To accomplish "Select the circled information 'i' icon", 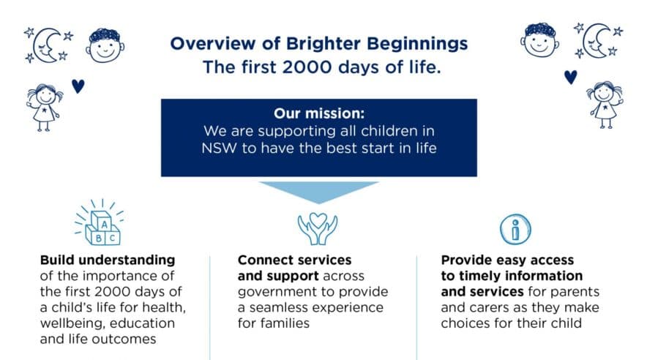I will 516,230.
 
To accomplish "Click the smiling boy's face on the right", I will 540,40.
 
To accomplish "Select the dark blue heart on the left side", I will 78,86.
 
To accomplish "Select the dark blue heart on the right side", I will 570,76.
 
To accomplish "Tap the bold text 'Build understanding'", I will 108,260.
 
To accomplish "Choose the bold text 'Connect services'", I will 294,260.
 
